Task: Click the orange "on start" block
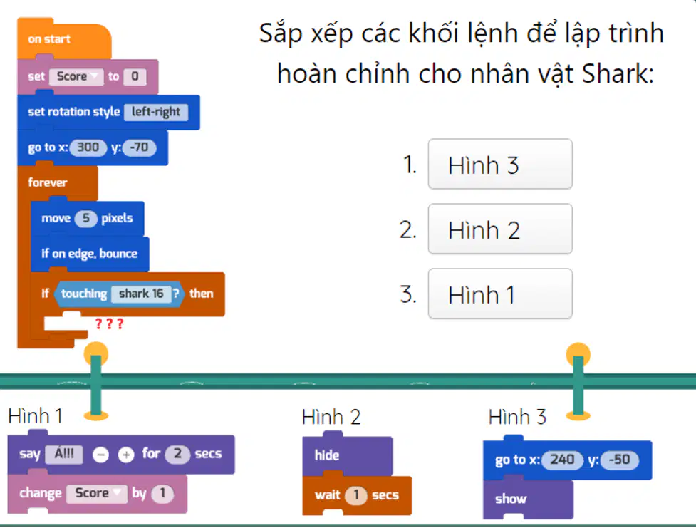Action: click(x=64, y=39)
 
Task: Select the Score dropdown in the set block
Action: click(x=76, y=76)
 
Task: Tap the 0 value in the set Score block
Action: click(x=135, y=76)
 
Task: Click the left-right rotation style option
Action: click(x=156, y=112)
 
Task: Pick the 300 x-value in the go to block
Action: click(x=88, y=147)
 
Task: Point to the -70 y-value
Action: click(x=140, y=147)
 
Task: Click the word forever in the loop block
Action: click(x=48, y=182)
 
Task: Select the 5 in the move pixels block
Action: click(x=86, y=219)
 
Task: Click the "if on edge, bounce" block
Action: click(x=90, y=254)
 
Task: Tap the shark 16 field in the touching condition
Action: click(x=141, y=294)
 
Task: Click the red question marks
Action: click(x=109, y=323)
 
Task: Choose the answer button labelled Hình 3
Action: click(x=500, y=165)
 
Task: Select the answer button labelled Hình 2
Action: click(x=500, y=229)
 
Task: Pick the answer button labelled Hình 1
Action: click(x=500, y=294)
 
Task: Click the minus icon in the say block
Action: click(x=100, y=455)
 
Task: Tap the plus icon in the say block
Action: click(x=126, y=455)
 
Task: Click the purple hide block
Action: click(x=347, y=455)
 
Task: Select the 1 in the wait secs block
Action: click(x=356, y=495)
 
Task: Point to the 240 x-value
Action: click(x=562, y=460)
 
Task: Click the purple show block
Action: click(x=528, y=499)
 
